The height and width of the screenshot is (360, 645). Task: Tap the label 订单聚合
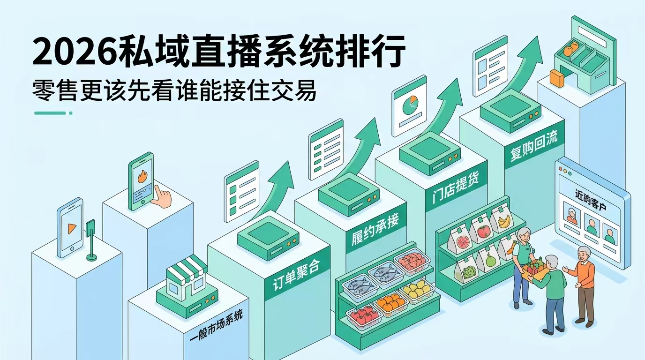pos(296,275)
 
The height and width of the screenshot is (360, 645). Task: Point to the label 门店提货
pos(455,187)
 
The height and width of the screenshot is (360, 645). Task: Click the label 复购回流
pos(534,145)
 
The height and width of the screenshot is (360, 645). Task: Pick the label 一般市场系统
pos(216,325)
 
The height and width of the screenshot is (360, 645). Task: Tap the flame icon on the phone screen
pos(142,176)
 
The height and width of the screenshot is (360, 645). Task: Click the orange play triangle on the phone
pos(72,229)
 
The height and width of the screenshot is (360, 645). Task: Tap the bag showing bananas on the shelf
pos(501,218)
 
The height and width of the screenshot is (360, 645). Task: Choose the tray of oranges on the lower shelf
pos(390,302)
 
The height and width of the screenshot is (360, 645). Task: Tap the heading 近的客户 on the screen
pos(591,200)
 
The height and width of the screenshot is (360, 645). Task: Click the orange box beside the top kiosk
pos(556,79)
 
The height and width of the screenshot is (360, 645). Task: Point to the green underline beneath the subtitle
pos(53,113)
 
